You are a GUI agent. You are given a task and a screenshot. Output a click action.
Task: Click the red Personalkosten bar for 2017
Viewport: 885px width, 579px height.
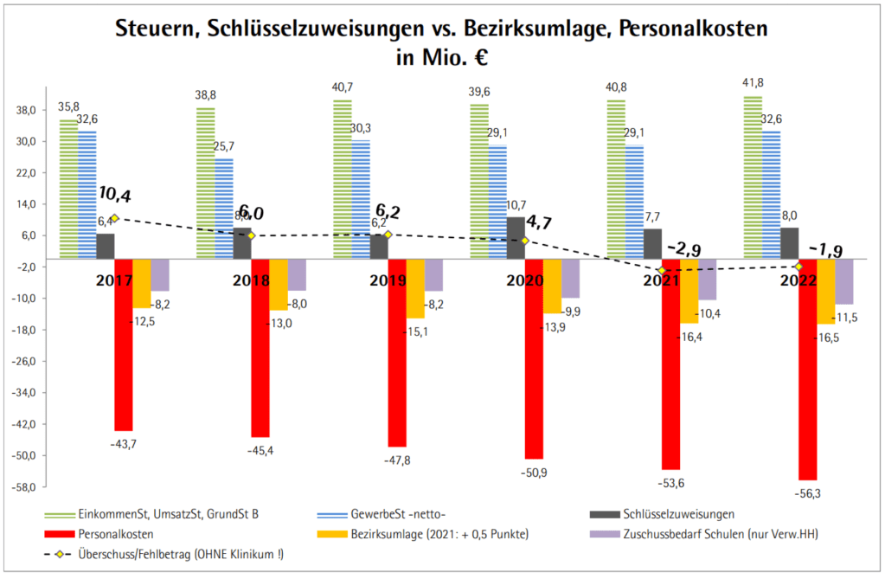123,344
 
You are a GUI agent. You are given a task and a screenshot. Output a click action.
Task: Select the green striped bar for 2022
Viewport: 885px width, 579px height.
752,177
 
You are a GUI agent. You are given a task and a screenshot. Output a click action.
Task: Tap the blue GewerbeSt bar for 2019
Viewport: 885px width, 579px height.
360,199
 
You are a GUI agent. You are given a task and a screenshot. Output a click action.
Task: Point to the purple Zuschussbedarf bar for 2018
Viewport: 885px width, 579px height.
297,274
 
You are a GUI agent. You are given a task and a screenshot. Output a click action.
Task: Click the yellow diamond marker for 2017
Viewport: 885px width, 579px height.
113,218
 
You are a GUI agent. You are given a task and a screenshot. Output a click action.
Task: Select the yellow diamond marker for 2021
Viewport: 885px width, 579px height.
662,271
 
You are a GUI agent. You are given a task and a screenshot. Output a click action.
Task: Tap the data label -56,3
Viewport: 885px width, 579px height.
809,494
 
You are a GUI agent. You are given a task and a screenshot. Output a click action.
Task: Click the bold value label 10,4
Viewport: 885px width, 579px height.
115,194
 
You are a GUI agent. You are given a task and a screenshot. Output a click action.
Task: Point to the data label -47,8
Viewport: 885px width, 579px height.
397,460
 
